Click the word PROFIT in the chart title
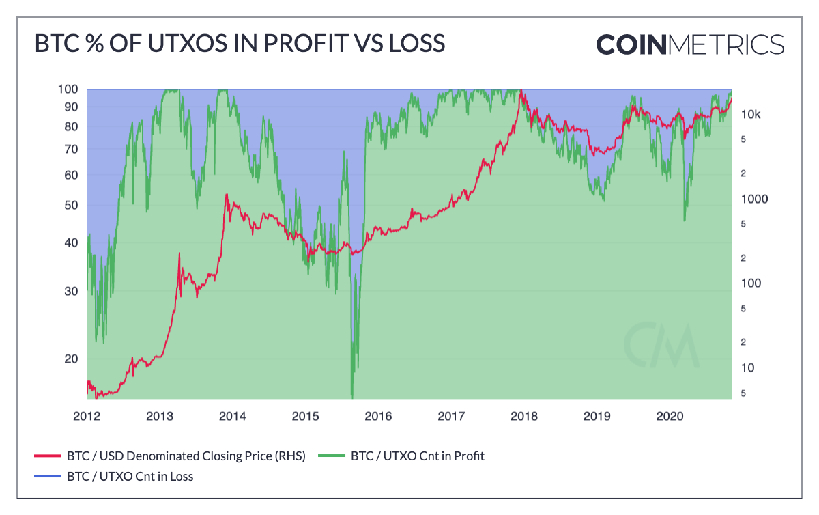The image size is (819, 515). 305,43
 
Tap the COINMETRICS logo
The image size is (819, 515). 690,44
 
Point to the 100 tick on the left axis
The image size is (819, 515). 68,89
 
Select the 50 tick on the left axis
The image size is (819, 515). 71,205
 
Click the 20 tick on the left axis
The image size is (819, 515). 71,359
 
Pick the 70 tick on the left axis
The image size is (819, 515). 71,150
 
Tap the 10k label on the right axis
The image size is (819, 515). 751,115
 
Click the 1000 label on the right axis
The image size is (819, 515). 754,199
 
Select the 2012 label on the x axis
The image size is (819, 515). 87,416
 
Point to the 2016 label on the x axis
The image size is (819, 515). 378,416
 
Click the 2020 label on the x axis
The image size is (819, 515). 670,416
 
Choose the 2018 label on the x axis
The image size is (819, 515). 524,416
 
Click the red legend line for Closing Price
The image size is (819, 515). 48,456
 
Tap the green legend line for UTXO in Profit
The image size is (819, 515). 332,456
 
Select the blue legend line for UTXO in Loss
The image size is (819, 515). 48,476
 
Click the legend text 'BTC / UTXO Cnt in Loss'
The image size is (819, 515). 130,477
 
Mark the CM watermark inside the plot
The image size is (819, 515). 661,344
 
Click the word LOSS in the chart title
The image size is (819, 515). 417,43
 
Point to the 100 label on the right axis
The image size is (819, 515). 751,283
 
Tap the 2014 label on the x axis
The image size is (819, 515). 233,416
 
